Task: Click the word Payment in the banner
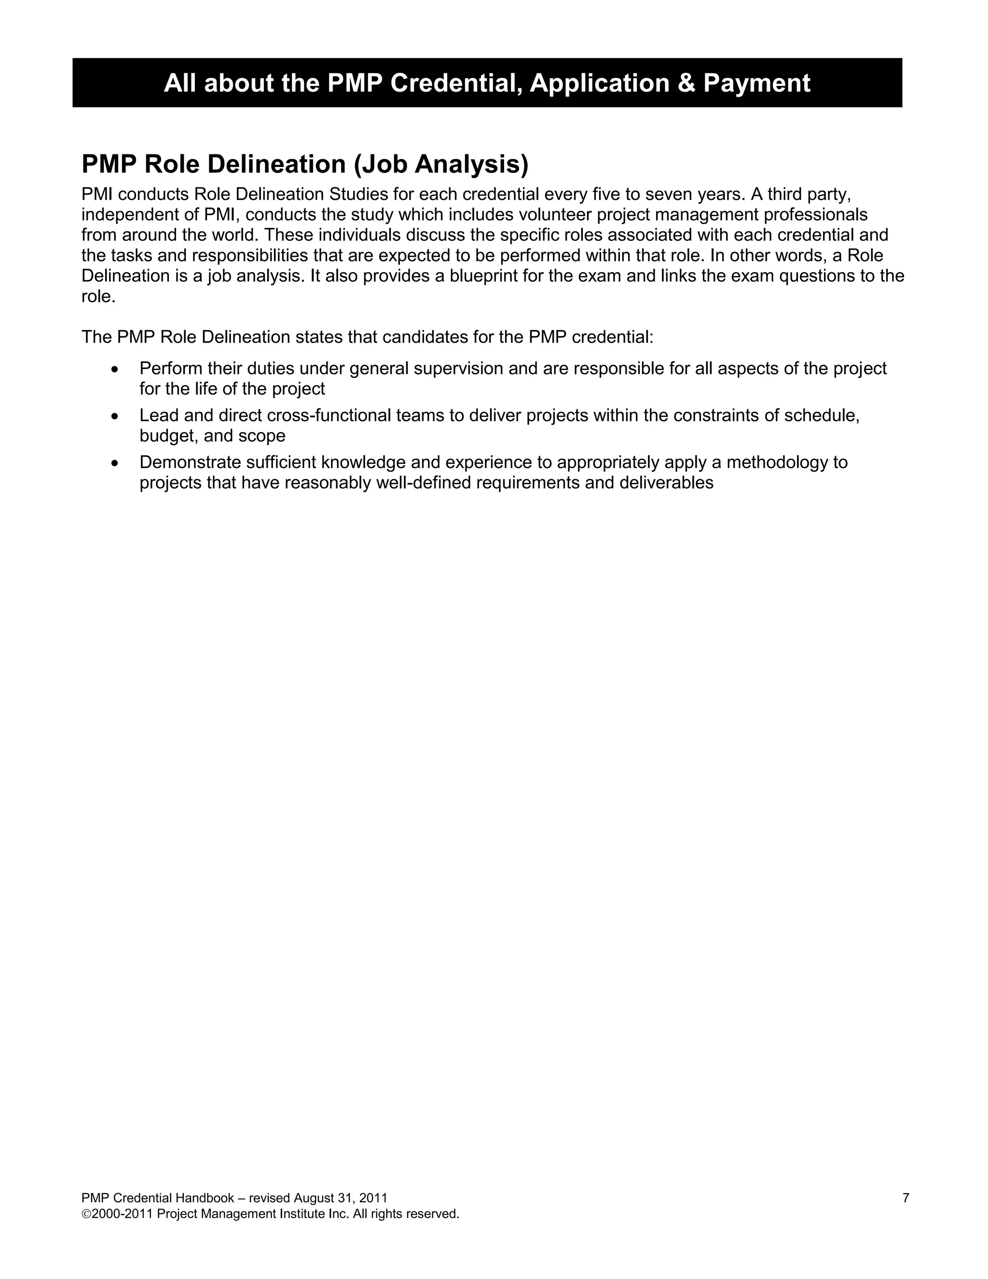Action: coord(756,83)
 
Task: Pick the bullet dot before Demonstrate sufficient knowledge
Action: coord(115,463)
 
